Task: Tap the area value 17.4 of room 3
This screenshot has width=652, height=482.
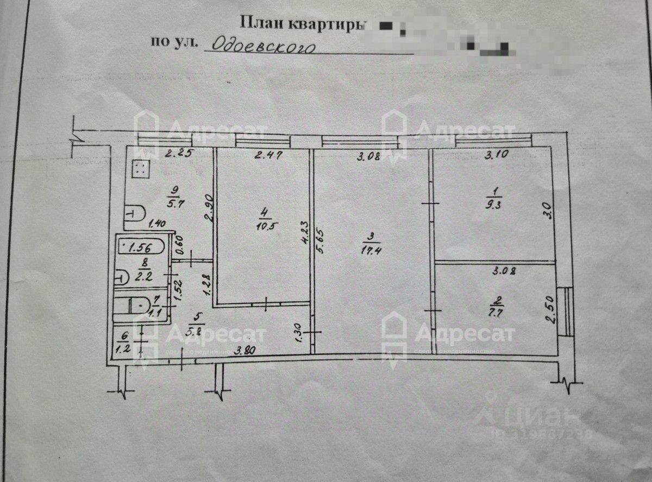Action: (x=369, y=251)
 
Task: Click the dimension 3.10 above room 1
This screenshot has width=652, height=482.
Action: (x=496, y=154)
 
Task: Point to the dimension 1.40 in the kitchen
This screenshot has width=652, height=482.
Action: (x=158, y=223)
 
